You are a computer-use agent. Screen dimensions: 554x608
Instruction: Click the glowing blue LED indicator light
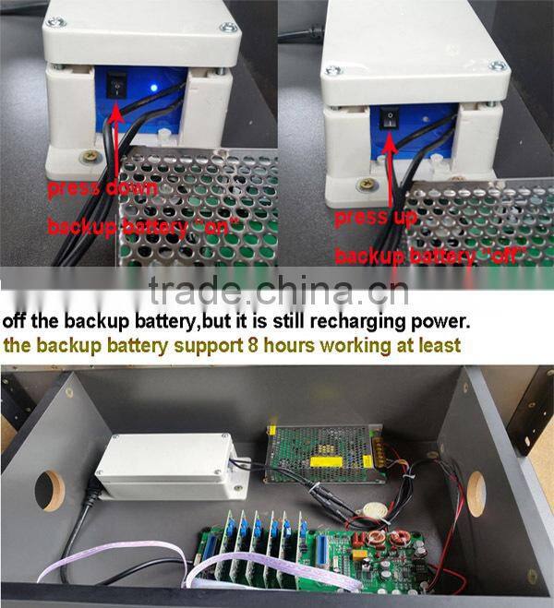coord(154,88)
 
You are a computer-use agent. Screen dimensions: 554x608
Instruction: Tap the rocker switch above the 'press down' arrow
coord(116,85)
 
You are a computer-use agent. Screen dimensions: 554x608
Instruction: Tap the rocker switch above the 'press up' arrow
coord(390,119)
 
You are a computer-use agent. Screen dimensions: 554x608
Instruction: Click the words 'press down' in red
coord(102,189)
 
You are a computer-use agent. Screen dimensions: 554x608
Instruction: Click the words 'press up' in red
coord(376,218)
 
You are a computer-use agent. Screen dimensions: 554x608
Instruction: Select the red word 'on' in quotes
coord(217,226)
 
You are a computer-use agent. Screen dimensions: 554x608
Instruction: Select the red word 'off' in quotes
coord(504,256)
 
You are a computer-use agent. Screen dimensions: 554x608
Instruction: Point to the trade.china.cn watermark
coord(279,290)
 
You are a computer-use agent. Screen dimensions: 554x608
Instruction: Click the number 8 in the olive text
coord(253,345)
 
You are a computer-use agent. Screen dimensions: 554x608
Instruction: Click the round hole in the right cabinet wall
coord(476,494)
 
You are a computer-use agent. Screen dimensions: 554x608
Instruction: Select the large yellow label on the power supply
coord(326,462)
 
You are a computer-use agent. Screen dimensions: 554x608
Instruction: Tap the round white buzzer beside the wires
coord(374,511)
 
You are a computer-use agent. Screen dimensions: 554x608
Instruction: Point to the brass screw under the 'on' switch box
coord(90,156)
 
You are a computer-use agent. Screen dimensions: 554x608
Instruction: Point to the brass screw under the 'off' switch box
coord(367,184)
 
